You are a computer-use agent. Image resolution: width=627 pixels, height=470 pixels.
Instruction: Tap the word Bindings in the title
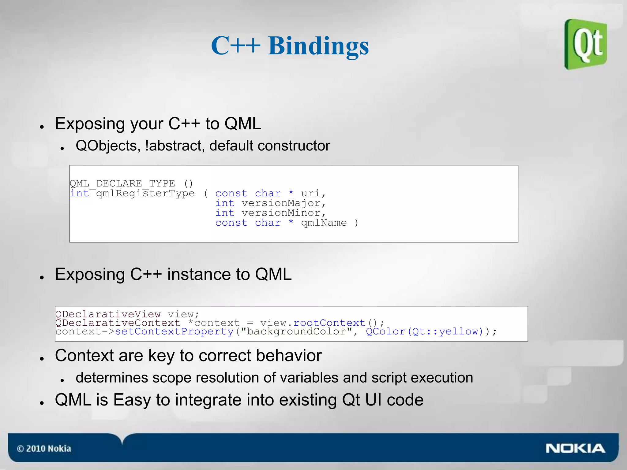point(318,46)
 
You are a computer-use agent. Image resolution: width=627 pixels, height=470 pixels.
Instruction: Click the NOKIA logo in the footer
point(575,448)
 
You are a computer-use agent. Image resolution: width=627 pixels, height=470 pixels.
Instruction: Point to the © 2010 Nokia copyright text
point(44,449)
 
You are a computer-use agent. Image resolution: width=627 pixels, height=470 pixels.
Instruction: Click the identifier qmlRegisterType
point(145,193)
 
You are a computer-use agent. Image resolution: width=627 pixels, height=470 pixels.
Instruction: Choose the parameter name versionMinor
point(281,213)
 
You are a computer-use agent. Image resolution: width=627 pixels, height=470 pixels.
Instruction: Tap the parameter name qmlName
point(324,223)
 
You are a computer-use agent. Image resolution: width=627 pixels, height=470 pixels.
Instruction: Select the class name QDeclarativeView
point(108,314)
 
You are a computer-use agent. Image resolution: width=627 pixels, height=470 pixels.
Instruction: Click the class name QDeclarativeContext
point(118,323)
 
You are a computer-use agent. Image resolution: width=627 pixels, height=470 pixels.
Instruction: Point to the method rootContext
point(329,323)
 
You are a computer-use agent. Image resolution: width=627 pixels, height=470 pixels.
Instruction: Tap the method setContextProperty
point(174,331)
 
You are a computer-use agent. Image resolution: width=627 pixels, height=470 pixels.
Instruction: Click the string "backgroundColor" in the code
point(296,331)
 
